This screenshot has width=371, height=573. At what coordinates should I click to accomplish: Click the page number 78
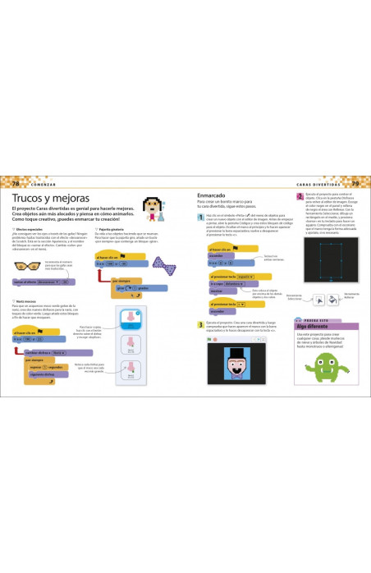(x=16, y=181)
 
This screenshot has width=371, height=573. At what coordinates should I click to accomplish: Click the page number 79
(x=356, y=181)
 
